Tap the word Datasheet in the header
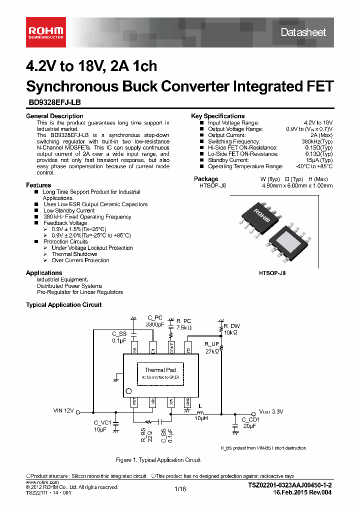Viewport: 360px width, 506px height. (303, 32)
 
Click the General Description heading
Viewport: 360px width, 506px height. (54, 116)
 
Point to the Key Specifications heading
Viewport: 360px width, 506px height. (217, 116)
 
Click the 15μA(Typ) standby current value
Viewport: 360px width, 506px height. (320, 160)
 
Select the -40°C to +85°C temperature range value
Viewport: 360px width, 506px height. (313, 166)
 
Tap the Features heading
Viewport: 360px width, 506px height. (38, 185)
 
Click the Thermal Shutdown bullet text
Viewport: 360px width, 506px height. (74, 254)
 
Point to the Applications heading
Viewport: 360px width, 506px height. (44, 273)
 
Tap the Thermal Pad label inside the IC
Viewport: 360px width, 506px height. (160, 370)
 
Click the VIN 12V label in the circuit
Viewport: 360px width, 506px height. (63, 410)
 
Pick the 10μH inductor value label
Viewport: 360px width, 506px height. (201, 417)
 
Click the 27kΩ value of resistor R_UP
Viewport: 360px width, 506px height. (212, 351)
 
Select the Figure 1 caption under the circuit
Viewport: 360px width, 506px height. (158, 460)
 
